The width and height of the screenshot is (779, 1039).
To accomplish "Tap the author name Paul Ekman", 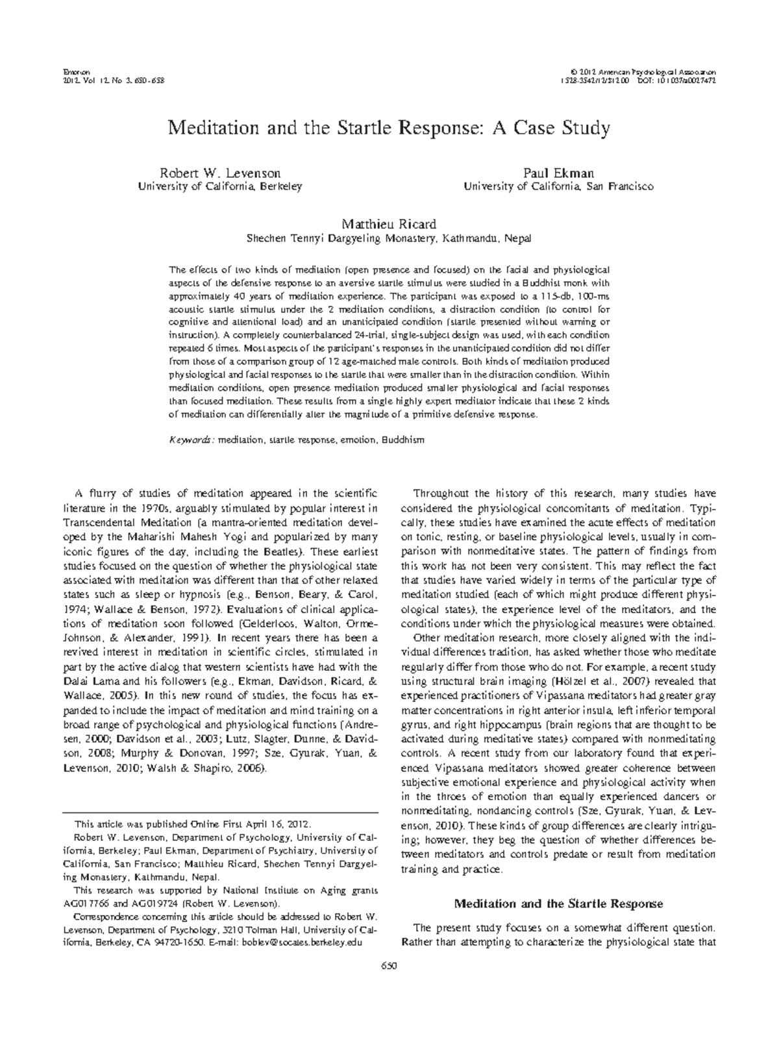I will click(558, 173).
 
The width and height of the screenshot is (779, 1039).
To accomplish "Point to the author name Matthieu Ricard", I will click(389, 225).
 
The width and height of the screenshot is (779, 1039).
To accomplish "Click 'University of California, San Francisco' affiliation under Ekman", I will click(558, 186).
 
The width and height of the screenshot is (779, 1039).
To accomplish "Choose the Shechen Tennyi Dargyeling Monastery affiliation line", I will click(389, 238).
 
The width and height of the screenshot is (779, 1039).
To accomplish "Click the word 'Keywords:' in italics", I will click(192, 440).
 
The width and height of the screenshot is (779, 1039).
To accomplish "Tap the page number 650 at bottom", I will click(389, 965).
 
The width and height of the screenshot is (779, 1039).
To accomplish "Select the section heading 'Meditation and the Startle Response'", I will click(558, 903).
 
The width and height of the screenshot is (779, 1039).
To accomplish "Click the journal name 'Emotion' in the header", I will click(69, 69).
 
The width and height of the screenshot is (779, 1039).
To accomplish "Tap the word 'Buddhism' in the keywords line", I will click(402, 440).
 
